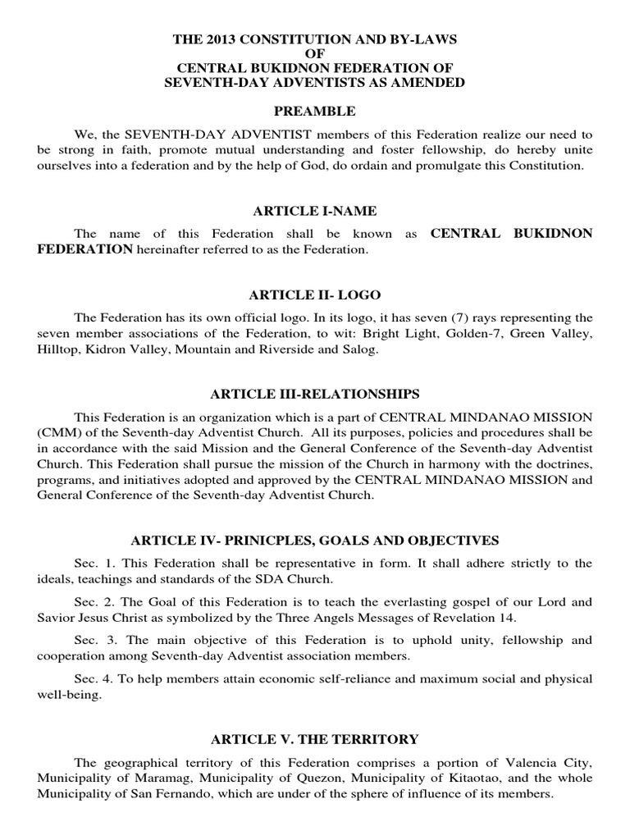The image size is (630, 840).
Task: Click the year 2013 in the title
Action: [x=208, y=39]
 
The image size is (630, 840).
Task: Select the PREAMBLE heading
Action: [x=315, y=111]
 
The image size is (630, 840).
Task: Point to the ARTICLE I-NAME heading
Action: [x=315, y=212]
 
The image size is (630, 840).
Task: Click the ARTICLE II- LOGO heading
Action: [x=315, y=295]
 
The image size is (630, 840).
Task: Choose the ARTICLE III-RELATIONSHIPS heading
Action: [x=315, y=393]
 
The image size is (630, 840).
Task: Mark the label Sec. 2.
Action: [x=89, y=601]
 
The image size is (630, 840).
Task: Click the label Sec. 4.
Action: [x=89, y=680]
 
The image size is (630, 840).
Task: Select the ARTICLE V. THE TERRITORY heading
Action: [x=315, y=739]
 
